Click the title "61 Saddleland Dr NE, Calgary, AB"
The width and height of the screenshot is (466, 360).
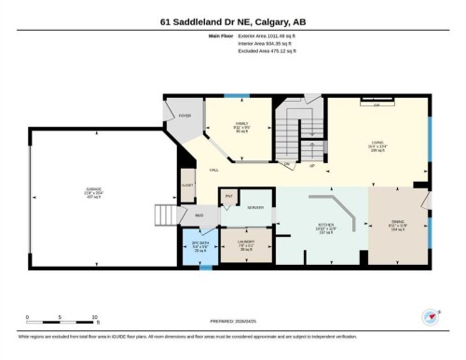click(x=232, y=21)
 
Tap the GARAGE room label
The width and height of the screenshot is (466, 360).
click(x=95, y=191)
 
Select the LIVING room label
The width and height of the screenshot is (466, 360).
click(x=377, y=143)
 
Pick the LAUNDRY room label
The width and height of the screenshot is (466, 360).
click(x=246, y=245)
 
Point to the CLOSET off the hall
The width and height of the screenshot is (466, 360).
click(x=187, y=185)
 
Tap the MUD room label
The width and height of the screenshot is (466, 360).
click(x=199, y=215)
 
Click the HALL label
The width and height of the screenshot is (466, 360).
click(x=214, y=170)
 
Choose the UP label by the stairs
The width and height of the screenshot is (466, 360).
click(x=311, y=165)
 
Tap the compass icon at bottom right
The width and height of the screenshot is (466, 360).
click(x=431, y=317)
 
